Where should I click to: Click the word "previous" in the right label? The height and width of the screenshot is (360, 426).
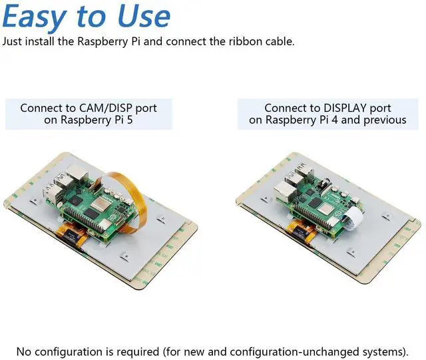pos(383,120)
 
